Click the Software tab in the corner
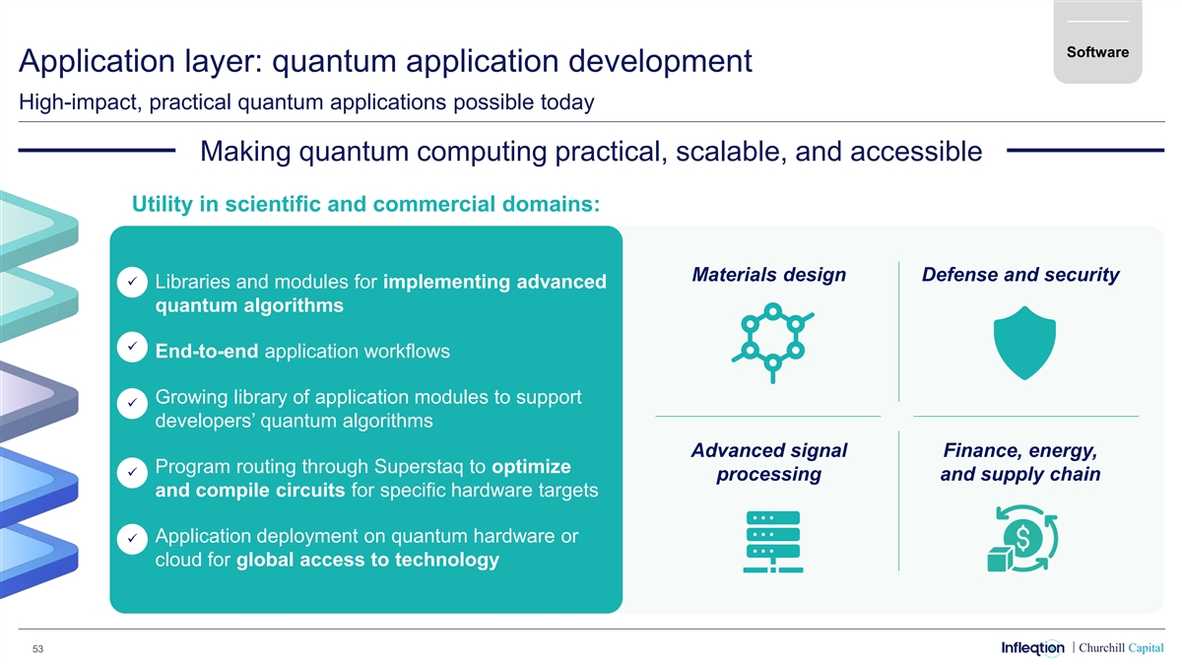pyautogui.click(x=1097, y=51)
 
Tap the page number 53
pyautogui.click(x=37, y=649)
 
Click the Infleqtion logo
pyautogui.click(x=1032, y=647)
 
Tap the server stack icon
pyautogui.click(x=773, y=541)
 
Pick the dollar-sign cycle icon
pyautogui.click(x=1021, y=541)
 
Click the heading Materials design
pyautogui.click(x=768, y=274)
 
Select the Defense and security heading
pyautogui.click(x=1019, y=274)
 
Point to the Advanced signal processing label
pyautogui.click(x=768, y=462)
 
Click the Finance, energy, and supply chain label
pyautogui.click(x=1019, y=462)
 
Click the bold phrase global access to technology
pyautogui.click(x=367, y=561)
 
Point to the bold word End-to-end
pyautogui.click(x=207, y=352)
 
